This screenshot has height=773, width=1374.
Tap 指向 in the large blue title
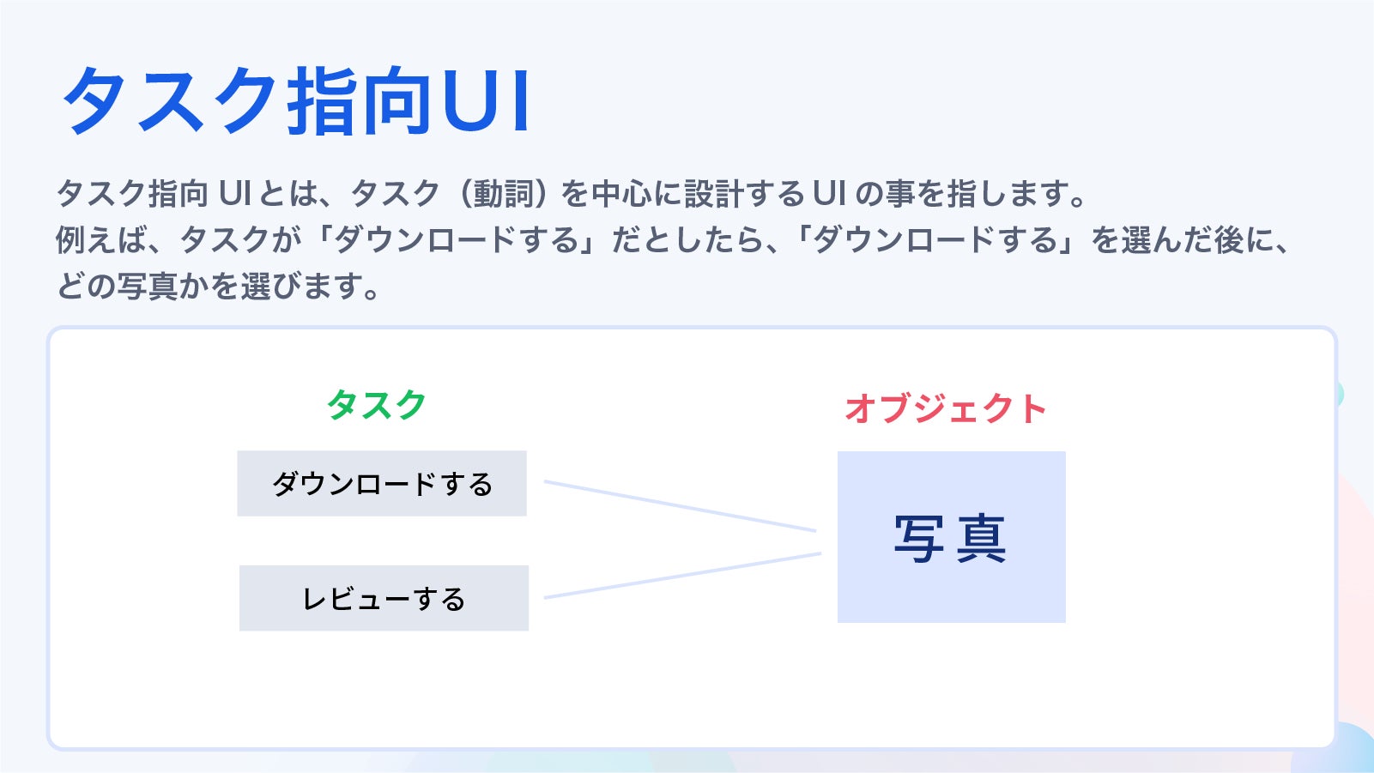[x=358, y=101]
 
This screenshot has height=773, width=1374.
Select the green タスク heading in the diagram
[x=377, y=404]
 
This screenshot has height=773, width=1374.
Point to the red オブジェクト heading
[x=946, y=408]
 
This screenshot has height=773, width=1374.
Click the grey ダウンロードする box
[x=382, y=484]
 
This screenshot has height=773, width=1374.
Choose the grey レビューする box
[x=384, y=598]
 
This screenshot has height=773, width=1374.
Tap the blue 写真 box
[x=951, y=537]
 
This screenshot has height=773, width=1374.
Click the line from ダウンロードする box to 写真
[x=679, y=506]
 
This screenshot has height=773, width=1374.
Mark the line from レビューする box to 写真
[x=682, y=576]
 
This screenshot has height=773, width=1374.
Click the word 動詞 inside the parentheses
[x=503, y=194]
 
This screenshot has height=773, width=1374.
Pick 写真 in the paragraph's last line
[x=148, y=286]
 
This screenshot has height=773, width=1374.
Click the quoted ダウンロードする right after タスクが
[x=456, y=240]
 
